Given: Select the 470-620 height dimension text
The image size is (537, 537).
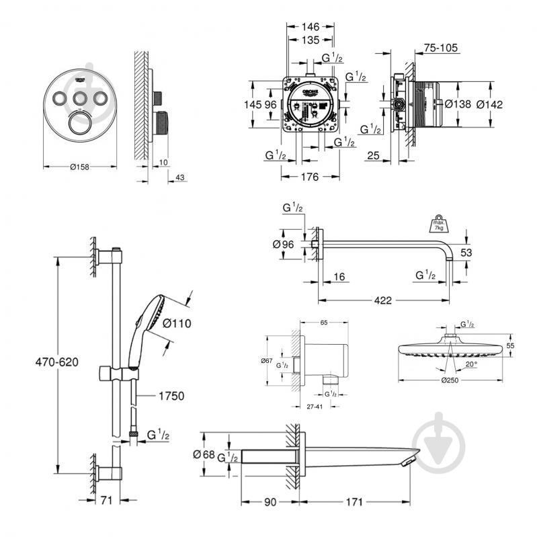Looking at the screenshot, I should point(58,362).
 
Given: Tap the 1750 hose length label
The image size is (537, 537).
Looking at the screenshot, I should point(171,396).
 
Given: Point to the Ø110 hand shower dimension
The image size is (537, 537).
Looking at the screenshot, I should point(177,323).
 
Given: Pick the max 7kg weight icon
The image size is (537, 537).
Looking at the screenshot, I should point(437,223).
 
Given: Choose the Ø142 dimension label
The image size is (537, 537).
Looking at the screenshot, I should point(489,104).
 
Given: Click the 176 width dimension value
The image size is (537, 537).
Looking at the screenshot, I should point(309,177).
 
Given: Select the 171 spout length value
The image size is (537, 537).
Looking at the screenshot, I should point(354,501).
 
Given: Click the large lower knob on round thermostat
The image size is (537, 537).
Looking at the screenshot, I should point(80,125).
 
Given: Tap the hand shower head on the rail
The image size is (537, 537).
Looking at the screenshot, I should point(155,315).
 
